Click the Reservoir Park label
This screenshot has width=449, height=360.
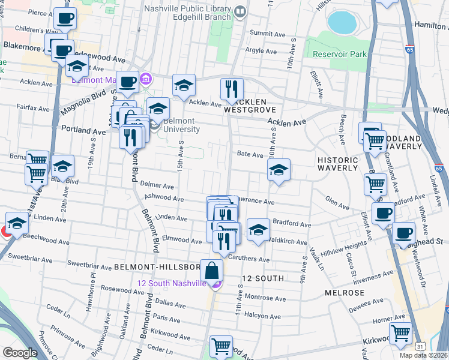(339, 54)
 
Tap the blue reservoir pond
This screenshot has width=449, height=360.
(342, 22)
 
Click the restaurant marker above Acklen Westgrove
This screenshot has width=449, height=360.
(232, 89)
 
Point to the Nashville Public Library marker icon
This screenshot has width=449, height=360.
(241, 10)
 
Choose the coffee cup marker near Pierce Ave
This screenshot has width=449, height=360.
(65, 19)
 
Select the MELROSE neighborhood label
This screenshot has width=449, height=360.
(345, 293)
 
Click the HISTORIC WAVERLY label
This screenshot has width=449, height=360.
(337, 164)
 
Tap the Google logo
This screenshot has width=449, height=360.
(20, 353)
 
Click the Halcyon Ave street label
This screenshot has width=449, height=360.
(262, 316)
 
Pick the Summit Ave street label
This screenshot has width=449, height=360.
(265, 32)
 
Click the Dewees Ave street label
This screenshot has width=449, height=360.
(366, 304)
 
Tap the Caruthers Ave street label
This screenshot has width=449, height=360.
(249, 259)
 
